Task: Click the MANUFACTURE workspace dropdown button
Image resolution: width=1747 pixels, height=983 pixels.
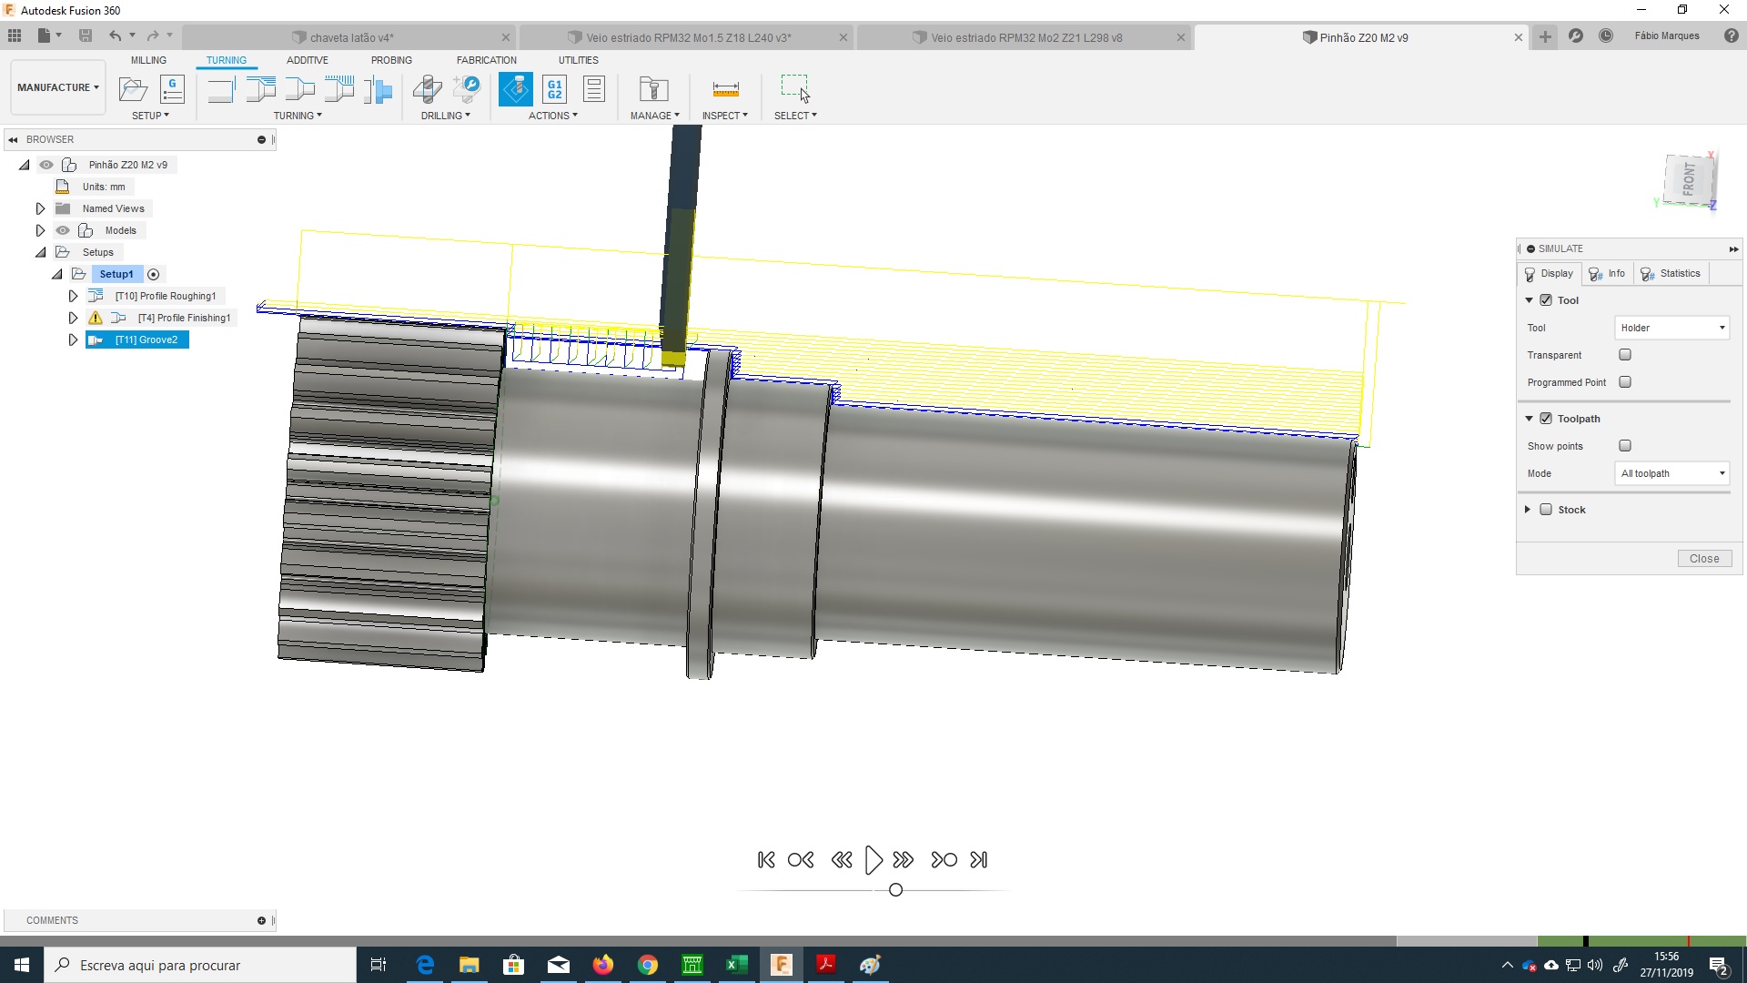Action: point(57,87)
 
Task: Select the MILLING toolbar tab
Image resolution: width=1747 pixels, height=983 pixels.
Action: point(148,60)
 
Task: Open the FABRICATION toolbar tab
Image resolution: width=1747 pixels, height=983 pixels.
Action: point(486,60)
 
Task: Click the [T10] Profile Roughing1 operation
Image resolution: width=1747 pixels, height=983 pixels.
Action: point(165,296)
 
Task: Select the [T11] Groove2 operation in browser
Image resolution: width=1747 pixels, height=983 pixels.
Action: point(146,339)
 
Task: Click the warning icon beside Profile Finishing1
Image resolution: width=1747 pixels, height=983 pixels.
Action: point(96,318)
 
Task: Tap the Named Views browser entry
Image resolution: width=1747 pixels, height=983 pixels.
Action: point(113,208)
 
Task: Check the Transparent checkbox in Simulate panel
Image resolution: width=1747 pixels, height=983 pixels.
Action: point(1625,355)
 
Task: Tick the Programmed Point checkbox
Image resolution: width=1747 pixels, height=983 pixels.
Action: point(1625,382)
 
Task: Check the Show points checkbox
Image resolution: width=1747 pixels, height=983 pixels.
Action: point(1625,446)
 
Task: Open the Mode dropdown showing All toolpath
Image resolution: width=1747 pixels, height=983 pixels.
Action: point(1672,473)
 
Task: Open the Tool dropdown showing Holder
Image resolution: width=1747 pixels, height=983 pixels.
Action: point(1672,328)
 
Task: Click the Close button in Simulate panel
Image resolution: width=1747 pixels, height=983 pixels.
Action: point(1704,559)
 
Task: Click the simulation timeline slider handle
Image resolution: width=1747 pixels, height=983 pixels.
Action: point(895,890)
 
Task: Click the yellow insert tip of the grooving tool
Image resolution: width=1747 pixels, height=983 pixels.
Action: point(673,359)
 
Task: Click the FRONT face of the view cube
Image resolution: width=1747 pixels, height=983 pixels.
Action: point(1689,179)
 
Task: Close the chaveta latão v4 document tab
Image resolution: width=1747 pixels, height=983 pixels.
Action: point(506,37)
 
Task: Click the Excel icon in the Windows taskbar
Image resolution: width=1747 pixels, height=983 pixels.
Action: point(736,965)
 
